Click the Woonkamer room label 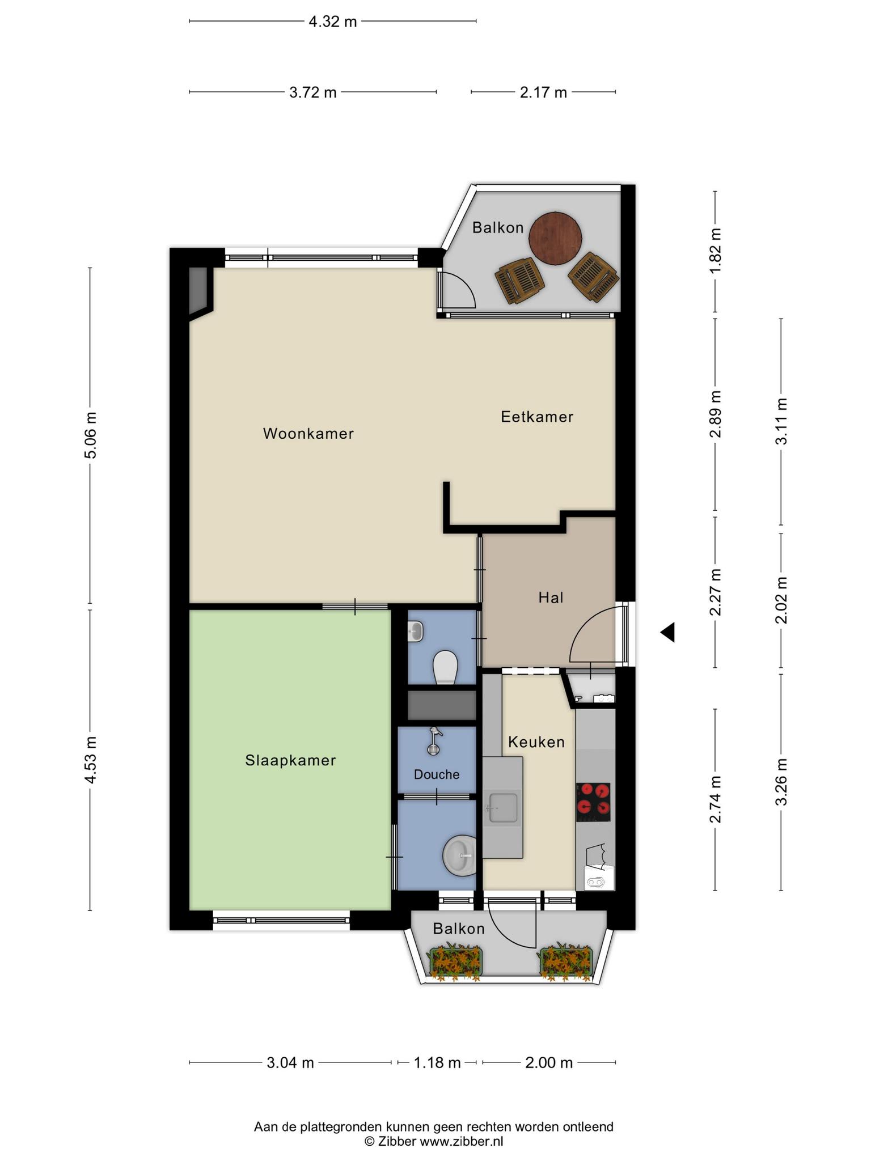pos(308,434)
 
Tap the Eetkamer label pos(537,417)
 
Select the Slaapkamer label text pos(290,760)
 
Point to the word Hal pos(551,598)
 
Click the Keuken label pos(536,742)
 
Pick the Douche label pos(437,774)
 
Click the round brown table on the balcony pos(556,238)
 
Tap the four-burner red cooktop pos(593,802)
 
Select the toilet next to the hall pos(445,667)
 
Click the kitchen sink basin pos(503,807)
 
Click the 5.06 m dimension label pos(90,435)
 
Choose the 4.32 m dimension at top pos(333,22)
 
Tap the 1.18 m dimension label pos(437,1062)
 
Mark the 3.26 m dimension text pos(782,782)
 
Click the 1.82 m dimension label pos(715,251)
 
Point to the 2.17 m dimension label pos(543,92)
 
